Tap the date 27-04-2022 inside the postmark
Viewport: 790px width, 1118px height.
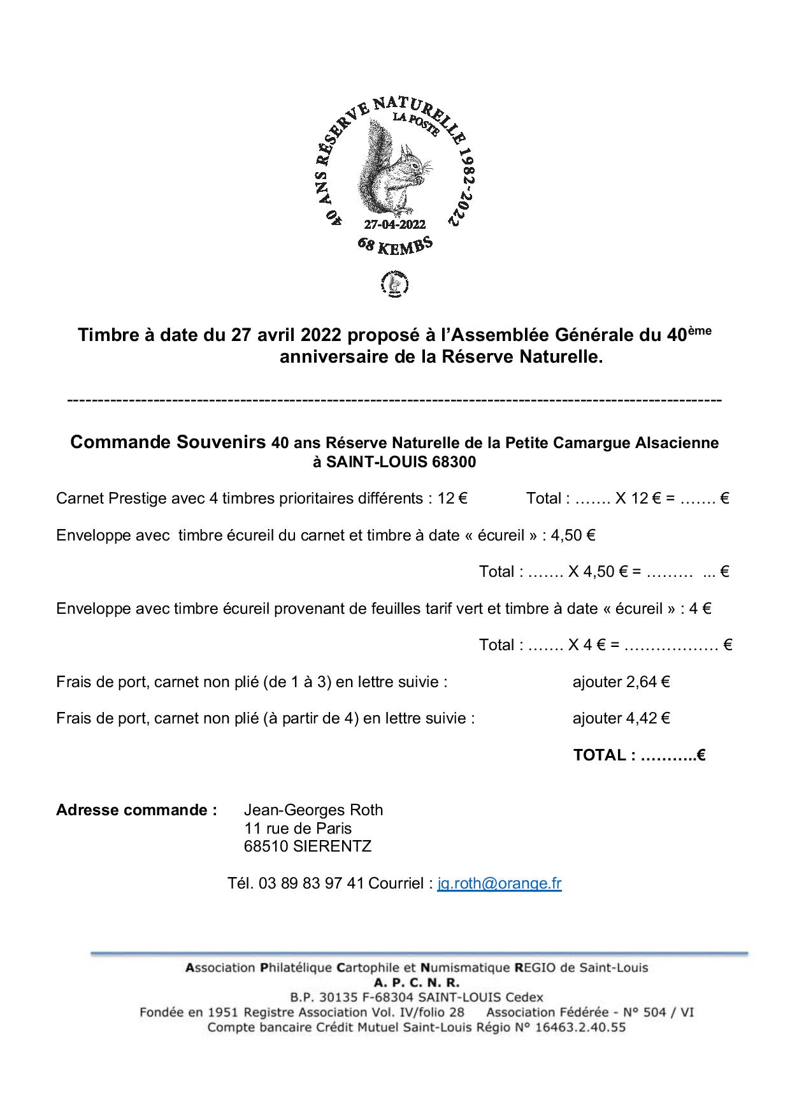pyautogui.click(x=394, y=224)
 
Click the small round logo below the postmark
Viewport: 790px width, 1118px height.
pyautogui.click(x=394, y=284)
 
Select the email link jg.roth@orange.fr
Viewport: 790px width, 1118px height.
pyautogui.click(x=499, y=883)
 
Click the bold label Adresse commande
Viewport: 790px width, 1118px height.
pyautogui.click(x=136, y=810)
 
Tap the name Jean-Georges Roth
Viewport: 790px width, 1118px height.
pyautogui.click(x=313, y=810)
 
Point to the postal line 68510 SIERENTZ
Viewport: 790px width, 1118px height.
pyautogui.click(x=307, y=846)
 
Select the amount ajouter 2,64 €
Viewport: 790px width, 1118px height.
pyautogui.click(x=621, y=682)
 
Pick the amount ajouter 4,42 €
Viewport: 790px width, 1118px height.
pyautogui.click(x=621, y=718)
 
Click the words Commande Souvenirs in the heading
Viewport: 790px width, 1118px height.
pyautogui.click(x=168, y=442)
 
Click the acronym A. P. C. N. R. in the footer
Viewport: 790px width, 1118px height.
pyautogui.click(x=417, y=982)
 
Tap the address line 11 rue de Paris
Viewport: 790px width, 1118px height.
pyautogui.click(x=298, y=829)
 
